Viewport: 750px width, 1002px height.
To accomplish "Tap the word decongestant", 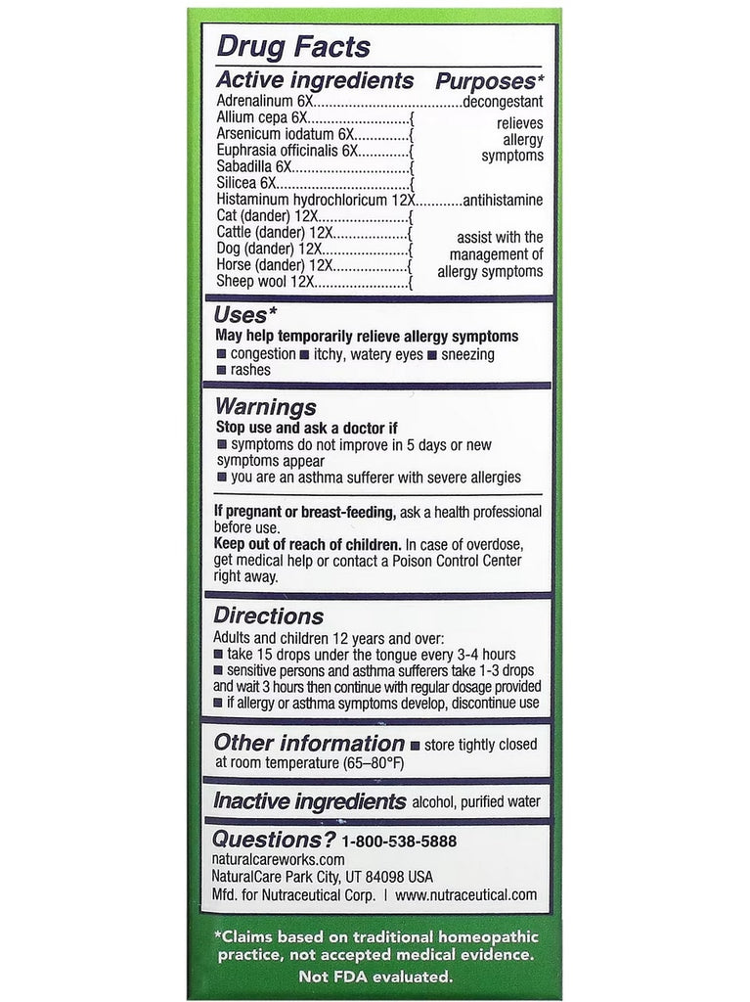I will [503, 101].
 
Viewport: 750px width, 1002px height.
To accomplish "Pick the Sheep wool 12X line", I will [263, 282].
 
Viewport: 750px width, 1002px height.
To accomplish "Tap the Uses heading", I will [241, 315].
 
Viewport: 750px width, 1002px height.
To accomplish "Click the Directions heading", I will [270, 615].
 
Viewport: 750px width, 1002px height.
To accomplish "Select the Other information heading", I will [309, 743].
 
